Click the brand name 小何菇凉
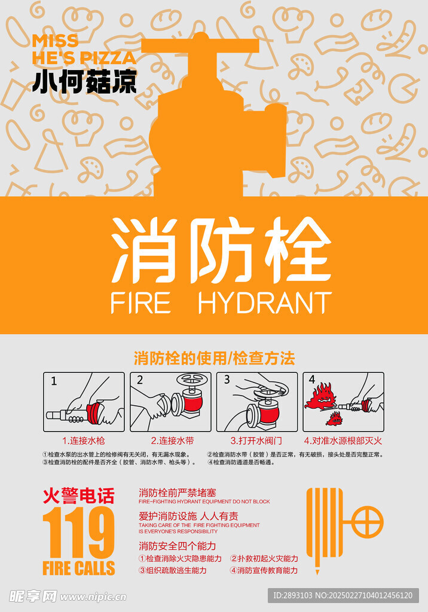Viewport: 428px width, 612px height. pyautogui.click(x=84, y=82)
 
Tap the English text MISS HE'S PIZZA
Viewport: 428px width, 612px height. pyautogui.click(x=84, y=49)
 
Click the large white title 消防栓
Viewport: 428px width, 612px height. pyautogui.click(x=221, y=250)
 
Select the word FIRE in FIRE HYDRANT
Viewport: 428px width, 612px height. pyautogui.click(x=140, y=303)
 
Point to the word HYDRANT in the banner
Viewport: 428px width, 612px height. pyautogui.click(x=264, y=303)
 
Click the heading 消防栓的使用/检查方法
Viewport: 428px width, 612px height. pyautogui.click(x=214, y=359)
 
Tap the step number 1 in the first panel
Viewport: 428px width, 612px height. pyautogui.click(x=54, y=380)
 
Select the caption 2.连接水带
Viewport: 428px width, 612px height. pyautogui.click(x=172, y=441)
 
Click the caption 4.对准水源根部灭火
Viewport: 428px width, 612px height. pyautogui.click(x=343, y=441)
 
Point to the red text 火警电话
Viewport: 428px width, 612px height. pyautogui.click(x=78, y=496)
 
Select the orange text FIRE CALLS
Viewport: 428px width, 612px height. pyautogui.click(x=78, y=568)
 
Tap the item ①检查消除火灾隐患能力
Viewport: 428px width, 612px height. pyautogui.click(x=180, y=558)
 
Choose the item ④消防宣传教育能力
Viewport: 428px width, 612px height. pyautogui.click(x=264, y=570)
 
